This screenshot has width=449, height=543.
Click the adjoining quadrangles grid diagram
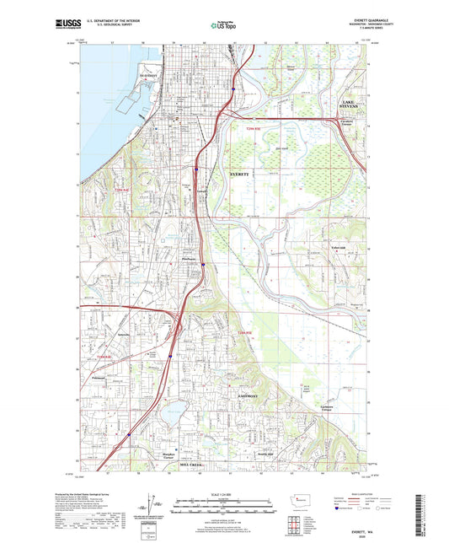pyautogui.click(x=295, y=524)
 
